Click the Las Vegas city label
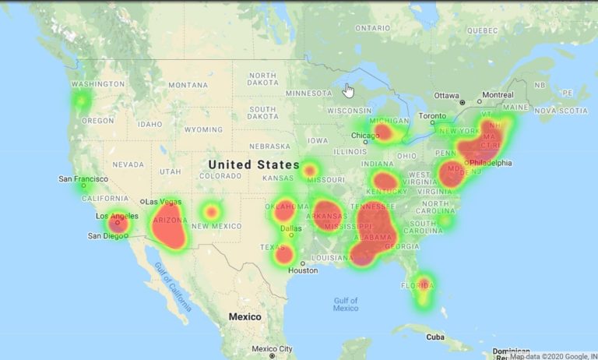pyautogui.click(x=164, y=201)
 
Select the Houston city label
pyautogui.click(x=303, y=270)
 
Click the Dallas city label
pyautogui.click(x=291, y=229)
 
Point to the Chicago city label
pyautogui.click(x=365, y=136)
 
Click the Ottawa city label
pyautogui.click(x=446, y=95)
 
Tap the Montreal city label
pyautogui.click(x=498, y=95)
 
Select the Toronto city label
pyautogui.click(x=433, y=116)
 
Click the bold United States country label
pyautogui.click(x=254, y=164)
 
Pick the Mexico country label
pyautogui.click(x=244, y=316)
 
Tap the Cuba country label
pyautogui.click(x=434, y=337)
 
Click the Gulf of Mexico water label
pyautogui.click(x=346, y=304)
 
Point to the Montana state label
pyautogui.click(x=188, y=85)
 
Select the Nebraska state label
pyautogui.click(x=270, y=146)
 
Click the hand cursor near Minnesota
pyautogui.click(x=349, y=90)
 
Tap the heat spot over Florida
pyautogui.click(x=423, y=286)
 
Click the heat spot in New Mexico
pyautogui.click(x=210, y=210)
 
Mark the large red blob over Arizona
pyautogui.click(x=169, y=224)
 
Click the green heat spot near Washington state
pyautogui.click(x=81, y=101)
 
